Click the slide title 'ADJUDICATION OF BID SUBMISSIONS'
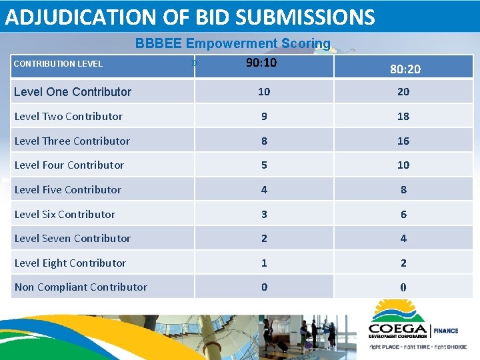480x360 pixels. click(190, 17)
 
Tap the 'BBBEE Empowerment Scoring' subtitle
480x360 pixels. click(233, 43)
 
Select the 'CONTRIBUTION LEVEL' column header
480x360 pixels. click(58, 64)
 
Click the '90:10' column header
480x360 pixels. click(261, 63)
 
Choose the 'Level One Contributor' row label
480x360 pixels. click(73, 92)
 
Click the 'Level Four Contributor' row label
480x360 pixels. click(69, 165)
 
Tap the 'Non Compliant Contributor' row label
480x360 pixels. click(81, 287)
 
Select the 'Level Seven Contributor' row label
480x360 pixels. click(73, 238)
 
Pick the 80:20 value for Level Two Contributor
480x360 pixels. click(403, 116)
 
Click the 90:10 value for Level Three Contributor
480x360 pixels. click(264, 141)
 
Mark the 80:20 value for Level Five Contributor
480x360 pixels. click(403, 189)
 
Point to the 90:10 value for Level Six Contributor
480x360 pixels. click(264, 214)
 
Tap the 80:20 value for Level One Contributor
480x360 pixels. click(403, 92)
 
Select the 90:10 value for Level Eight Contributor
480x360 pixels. click(264, 263)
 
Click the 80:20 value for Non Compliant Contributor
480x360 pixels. click(403, 287)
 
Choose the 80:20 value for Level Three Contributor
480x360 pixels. click(403, 141)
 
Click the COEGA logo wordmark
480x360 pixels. click(399, 329)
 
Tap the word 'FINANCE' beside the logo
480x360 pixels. click(447, 330)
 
